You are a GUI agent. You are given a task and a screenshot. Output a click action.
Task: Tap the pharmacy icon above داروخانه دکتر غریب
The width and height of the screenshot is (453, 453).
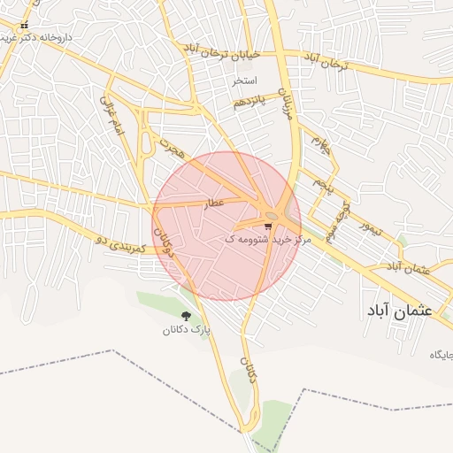coord(25,26)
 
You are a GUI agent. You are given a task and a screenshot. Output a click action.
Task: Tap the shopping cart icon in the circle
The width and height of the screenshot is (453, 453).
coord(268,226)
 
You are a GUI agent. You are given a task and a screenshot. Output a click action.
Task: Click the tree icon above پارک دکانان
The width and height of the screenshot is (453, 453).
coord(186,316)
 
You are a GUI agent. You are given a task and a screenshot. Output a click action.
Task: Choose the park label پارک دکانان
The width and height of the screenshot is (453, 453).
coord(187,330)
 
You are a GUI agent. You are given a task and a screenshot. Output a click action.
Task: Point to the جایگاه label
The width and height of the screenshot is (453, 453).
coord(441,355)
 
